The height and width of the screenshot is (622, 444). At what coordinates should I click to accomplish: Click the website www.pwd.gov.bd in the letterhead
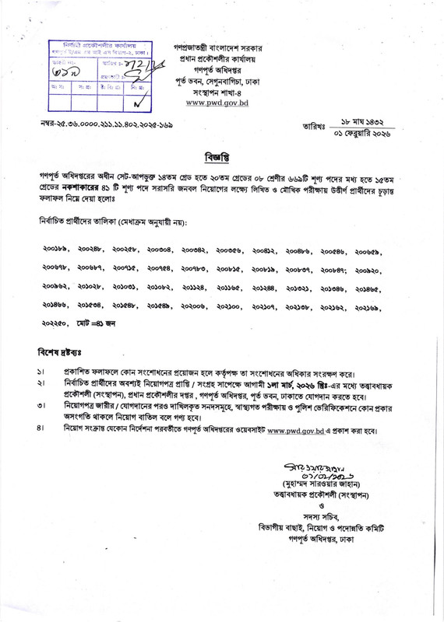pos(219,102)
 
